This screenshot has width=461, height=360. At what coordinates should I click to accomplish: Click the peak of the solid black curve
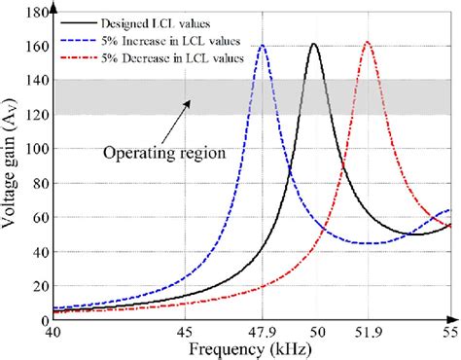[x=313, y=45]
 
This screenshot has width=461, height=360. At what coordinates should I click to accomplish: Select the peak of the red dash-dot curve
[x=367, y=43]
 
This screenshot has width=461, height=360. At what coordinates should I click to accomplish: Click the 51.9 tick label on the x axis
[x=367, y=332]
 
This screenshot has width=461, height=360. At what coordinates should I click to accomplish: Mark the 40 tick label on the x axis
[x=53, y=332]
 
